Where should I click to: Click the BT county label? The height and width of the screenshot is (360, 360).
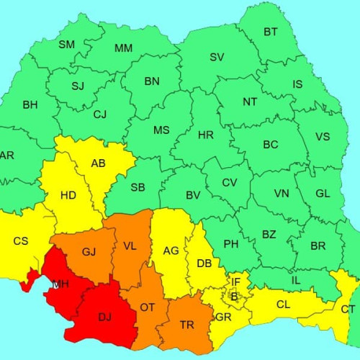[271, 32]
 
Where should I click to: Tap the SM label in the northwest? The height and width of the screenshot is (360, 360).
[66, 45]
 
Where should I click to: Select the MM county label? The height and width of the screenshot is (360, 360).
[123, 48]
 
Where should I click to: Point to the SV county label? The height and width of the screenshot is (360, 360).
[217, 57]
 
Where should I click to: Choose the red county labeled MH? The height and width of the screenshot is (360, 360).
[60, 284]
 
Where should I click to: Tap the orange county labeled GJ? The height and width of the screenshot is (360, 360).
[89, 251]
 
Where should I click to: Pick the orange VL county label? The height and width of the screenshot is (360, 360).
[130, 246]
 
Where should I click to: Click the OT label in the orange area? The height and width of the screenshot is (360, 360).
[148, 307]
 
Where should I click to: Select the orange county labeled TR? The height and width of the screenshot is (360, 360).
[187, 325]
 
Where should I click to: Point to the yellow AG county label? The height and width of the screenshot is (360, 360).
[171, 251]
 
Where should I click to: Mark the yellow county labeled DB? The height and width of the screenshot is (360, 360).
[204, 263]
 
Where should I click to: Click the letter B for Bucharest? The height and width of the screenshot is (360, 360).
[233, 295]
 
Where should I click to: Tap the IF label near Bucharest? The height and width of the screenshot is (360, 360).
[235, 281]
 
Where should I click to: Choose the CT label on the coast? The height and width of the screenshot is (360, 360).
[348, 309]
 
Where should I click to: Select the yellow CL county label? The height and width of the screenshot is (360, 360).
[284, 305]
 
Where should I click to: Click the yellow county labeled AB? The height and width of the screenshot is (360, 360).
[99, 163]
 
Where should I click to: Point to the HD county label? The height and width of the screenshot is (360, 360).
[68, 195]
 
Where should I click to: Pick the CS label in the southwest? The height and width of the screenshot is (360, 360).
[21, 240]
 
